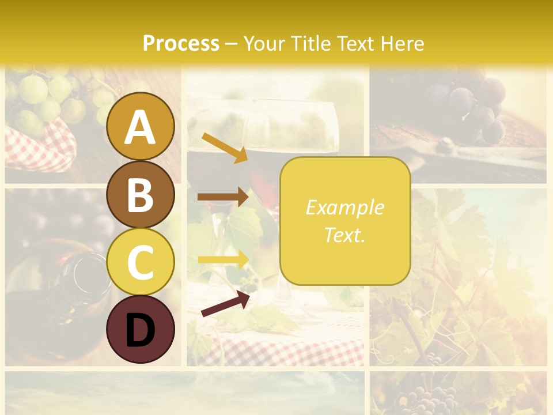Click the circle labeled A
141,126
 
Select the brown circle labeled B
141,194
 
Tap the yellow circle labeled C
141,262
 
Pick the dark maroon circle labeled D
141,330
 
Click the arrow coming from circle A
224,148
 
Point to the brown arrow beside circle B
222,197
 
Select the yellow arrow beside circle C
222,259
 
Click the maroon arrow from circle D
225,304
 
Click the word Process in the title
181,43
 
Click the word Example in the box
344,207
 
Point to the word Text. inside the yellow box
344,235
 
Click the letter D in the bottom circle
141,331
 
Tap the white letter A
141,127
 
